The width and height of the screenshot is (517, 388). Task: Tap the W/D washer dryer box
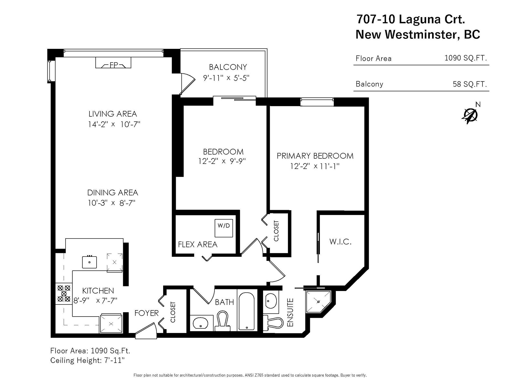(x=224, y=228)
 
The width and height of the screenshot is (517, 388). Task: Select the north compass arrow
(x=470, y=116)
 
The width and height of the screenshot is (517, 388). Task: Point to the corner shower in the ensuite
(x=318, y=302)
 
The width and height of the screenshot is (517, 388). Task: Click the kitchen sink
(x=89, y=262)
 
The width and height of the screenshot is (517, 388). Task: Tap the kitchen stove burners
(x=64, y=294)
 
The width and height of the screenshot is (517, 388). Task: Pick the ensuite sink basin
(x=271, y=301)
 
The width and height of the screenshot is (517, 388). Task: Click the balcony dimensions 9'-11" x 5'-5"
(x=226, y=78)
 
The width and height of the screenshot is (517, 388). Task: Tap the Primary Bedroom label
(x=315, y=156)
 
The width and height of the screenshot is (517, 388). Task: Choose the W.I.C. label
(x=340, y=242)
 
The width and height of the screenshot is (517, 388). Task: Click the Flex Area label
(x=198, y=244)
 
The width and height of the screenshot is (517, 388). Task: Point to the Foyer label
(x=146, y=313)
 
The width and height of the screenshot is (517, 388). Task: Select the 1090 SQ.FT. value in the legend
(x=465, y=58)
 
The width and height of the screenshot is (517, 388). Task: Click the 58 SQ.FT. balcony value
(x=470, y=84)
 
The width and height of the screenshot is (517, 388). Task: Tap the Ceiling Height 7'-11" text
(x=87, y=360)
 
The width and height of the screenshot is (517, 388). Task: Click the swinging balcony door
(x=187, y=84)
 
